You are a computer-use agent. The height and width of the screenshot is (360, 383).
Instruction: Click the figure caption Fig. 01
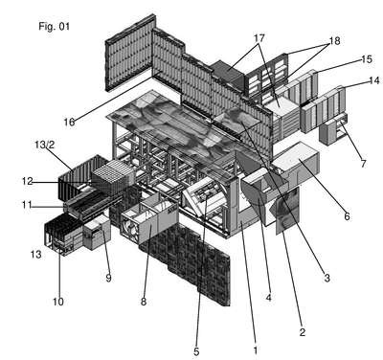click(54, 26)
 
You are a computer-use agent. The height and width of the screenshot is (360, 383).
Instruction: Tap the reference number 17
click(259, 38)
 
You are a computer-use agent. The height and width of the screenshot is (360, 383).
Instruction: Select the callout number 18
click(335, 41)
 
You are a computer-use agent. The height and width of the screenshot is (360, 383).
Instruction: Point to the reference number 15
click(367, 59)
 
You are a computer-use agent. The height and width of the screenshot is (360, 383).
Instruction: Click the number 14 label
click(374, 80)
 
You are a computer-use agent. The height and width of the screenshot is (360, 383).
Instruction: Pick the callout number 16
click(69, 122)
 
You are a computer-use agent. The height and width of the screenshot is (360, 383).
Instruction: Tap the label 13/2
click(45, 145)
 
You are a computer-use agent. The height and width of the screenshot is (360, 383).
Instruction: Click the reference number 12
click(28, 181)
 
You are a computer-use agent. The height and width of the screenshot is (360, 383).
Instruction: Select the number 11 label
click(27, 205)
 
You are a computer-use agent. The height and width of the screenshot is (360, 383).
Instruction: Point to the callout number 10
click(57, 302)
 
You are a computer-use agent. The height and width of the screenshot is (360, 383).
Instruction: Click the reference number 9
click(108, 279)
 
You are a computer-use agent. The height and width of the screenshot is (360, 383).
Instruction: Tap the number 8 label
click(144, 302)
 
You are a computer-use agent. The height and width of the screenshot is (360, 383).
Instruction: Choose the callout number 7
click(363, 164)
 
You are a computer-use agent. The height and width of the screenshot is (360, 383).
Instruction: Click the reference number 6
click(347, 216)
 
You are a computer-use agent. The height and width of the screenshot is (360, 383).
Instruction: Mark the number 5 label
click(196, 351)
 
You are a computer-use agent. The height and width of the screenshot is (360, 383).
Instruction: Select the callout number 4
click(268, 298)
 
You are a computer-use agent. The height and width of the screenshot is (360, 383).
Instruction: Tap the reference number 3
click(327, 278)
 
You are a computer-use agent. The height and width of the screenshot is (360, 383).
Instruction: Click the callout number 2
click(303, 332)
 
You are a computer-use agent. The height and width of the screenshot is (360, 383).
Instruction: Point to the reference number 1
click(255, 350)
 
